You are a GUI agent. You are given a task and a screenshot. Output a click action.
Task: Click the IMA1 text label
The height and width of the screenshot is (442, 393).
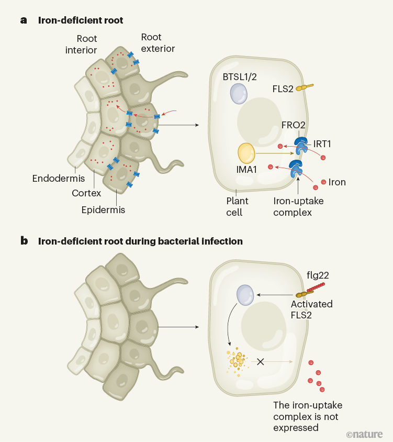click(x=246, y=176)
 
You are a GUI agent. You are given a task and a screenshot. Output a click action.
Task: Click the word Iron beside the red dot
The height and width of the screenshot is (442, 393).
click(x=337, y=182)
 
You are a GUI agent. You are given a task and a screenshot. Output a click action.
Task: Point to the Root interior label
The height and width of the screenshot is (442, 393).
click(x=86, y=44)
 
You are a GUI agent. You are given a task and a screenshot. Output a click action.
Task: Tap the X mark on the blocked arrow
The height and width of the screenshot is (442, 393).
click(x=260, y=361)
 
